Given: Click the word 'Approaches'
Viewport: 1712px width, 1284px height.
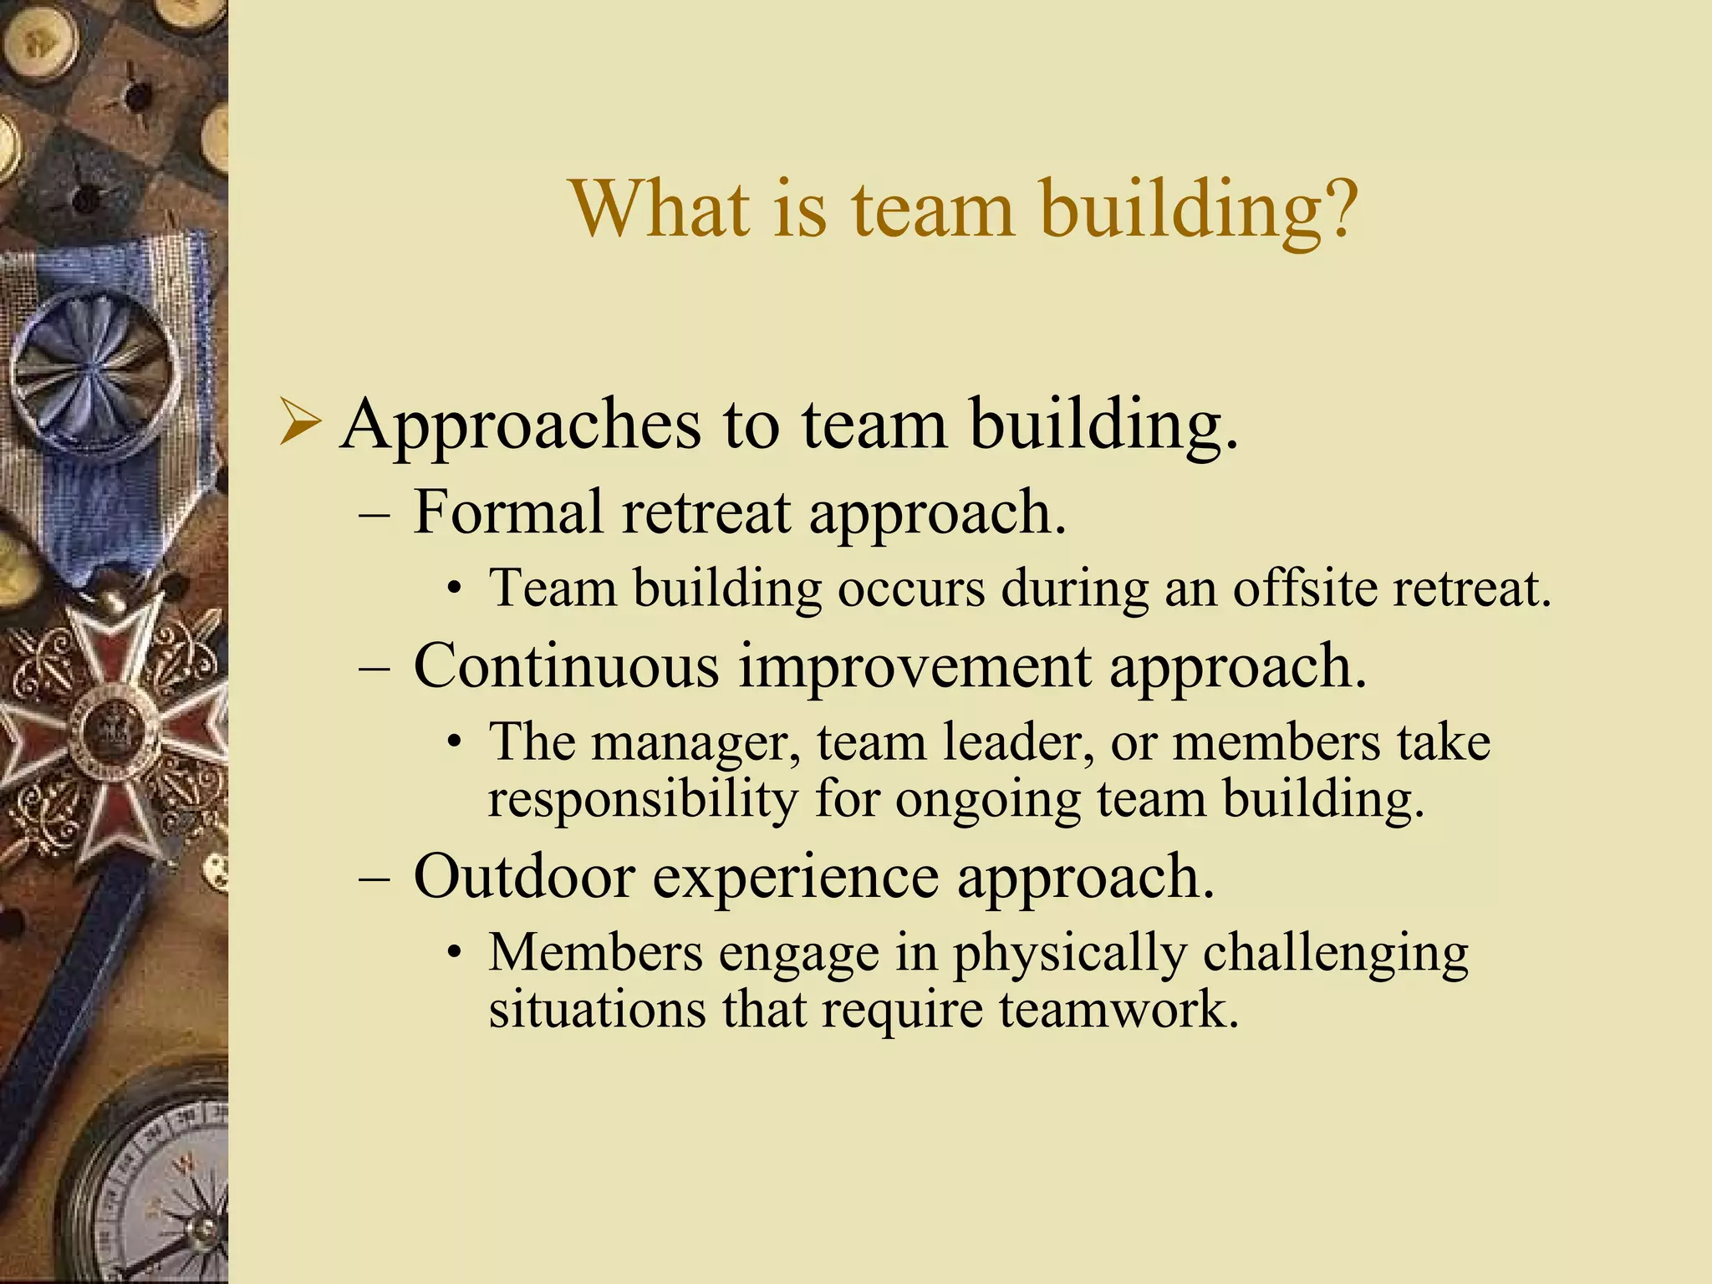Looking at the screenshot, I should (520, 426).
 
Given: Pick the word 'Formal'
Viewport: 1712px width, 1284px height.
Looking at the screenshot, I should (507, 512).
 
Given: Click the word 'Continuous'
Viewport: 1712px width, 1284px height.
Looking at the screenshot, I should (566, 666).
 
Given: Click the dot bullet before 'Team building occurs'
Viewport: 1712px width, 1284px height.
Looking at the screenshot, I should (453, 590).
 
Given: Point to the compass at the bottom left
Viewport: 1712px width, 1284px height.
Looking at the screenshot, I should (155, 1187).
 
